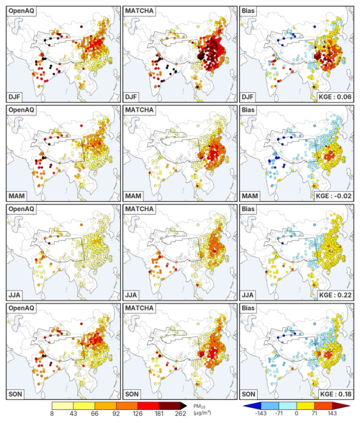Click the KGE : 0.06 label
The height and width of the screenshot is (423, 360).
point(336,97)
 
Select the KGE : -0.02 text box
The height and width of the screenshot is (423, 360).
point(334,196)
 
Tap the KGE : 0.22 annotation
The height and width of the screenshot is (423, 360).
point(336,295)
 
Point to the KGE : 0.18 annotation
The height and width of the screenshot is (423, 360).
point(336,394)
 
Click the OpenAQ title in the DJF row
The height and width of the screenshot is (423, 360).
point(22,11)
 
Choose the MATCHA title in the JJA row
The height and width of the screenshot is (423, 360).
point(139,209)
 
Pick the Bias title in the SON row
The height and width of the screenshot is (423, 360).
point(248,308)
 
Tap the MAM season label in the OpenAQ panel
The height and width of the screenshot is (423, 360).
point(17,196)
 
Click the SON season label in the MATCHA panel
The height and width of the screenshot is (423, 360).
point(132,394)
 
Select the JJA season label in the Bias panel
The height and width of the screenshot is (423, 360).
point(248,295)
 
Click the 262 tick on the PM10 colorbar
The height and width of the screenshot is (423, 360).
point(180,414)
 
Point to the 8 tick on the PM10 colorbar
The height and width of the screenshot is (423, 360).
point(52,414)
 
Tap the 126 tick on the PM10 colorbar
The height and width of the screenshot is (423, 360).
point(138,414)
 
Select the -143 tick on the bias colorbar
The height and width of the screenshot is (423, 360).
point(261,414)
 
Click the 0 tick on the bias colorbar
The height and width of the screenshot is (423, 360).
point(297,414)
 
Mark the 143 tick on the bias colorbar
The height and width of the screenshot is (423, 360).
point(332,414)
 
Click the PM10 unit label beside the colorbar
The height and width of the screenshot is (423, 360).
point(202,409)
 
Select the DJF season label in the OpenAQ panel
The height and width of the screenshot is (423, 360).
point(14,97)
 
